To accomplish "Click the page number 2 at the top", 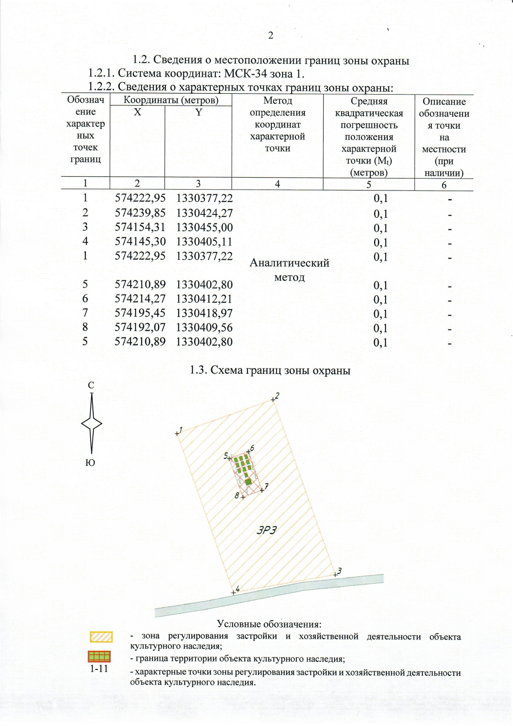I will pyautogui.click(x=270, y=36).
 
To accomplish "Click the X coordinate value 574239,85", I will pyautogui.click(x=140, y=213).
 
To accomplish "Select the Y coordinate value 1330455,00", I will pyautogui.click(x=204, y=227).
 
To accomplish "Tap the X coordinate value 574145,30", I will pyautogui.click(x=140, y=241).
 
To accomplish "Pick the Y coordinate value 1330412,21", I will pyautogui.click(x=204, y=299).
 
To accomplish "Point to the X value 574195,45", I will pyautogui.click(x=140, y=313).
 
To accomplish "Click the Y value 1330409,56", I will pyautogui.click(x=204, y=327).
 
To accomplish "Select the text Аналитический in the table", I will pyautogui.click(x=289, y=263).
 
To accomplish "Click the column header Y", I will pyautogui.click(x=198, y=113).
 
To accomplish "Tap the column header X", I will pyautogui.click(x=137, y=112).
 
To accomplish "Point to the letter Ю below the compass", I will pyautogui.click(x=90, y=463).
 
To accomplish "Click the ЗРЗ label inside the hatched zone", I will pyautogui.click(x=267, y=530).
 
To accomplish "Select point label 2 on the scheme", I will pyautogui.click(x=277, y=396).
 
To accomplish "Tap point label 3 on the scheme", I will pyautogui.click(x=339, y=571).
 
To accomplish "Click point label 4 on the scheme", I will pyautogui.click(x=237, y=589).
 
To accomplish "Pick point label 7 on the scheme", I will pyautogui.click(x=266, y=486).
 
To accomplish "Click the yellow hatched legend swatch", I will pyautogui.click(x=101, y=637).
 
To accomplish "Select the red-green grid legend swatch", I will pyautogui.click(x=99, y=656).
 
